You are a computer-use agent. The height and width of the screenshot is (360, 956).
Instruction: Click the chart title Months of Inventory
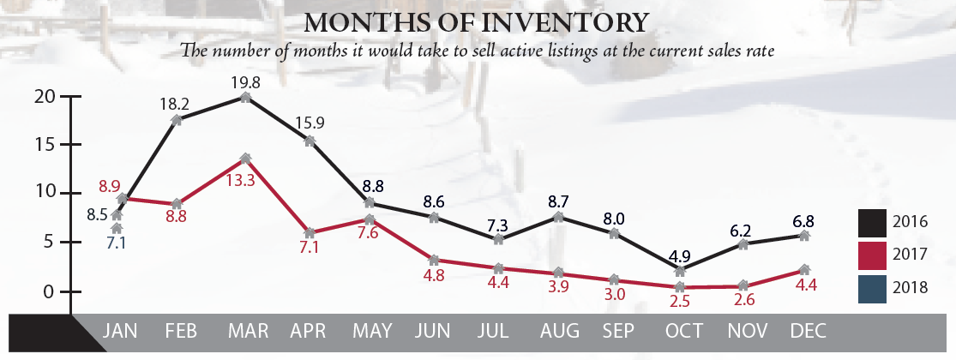coord(477,21)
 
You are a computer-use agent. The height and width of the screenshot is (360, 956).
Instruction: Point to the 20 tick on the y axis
coord(44,97)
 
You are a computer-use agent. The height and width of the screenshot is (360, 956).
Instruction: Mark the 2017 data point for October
coord(680,287)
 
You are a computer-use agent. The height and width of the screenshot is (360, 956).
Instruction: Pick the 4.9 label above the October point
coord(680,255)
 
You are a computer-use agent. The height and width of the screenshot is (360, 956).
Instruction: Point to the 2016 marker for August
coord(558,217)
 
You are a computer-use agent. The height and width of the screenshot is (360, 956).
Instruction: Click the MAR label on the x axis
coord(246,332)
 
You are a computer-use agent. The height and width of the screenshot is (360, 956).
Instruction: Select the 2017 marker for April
coord(310,232)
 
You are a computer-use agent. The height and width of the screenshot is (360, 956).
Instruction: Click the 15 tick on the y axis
coord(44,145)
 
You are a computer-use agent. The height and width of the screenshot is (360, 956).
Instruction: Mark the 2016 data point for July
coord(497,239)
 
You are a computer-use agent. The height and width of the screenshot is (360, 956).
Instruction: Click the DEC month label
coord(803,332)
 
